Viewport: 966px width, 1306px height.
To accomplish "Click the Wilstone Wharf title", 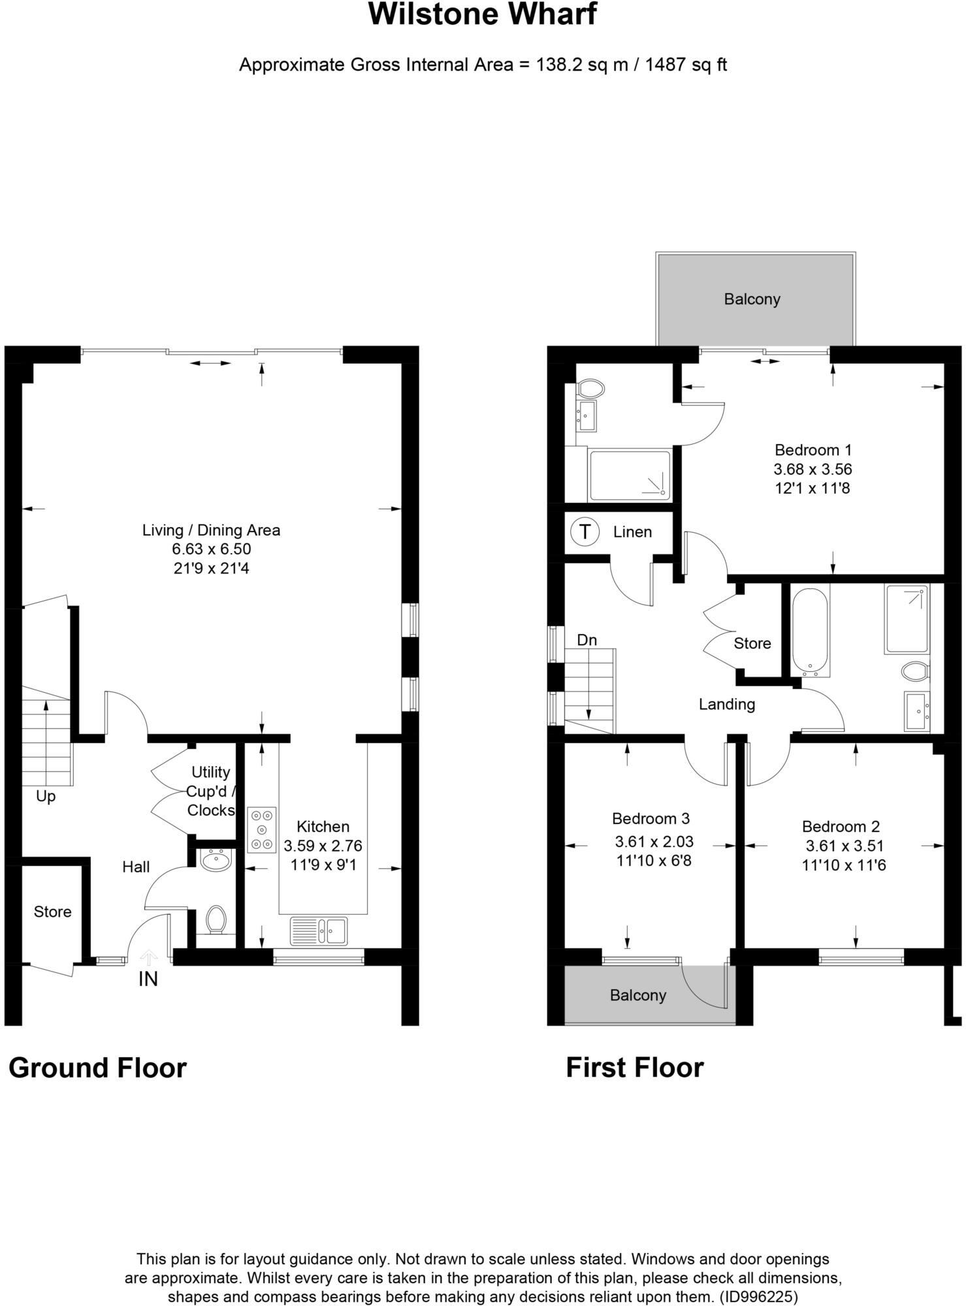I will point(482,14).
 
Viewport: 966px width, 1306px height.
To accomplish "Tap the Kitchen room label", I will point(323,826).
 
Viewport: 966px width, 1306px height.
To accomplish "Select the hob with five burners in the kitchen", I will point(262,829).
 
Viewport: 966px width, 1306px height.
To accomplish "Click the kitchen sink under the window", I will point(319,931).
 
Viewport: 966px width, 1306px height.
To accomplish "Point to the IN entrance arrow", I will point(149,959).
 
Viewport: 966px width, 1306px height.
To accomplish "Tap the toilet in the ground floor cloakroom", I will point(216,919).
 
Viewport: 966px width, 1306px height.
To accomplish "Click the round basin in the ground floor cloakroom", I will point(216,861).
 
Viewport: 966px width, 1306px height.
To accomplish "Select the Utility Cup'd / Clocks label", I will point(210,791).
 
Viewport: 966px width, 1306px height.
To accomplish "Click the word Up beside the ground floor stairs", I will point(46,796).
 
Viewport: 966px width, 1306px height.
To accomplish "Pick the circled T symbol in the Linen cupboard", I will point(585,532).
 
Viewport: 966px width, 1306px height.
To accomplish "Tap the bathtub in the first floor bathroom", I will point(810,631).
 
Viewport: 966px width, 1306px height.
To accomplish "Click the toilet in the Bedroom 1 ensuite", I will point(591,389).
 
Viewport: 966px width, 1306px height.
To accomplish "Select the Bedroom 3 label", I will point(651,818).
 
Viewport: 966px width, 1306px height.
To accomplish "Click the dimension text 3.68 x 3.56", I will point(813,469).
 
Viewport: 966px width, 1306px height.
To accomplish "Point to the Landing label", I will point(726,704).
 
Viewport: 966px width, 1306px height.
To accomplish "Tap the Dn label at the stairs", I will point(587,640).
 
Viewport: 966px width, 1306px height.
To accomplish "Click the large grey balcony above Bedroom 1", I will point(754,300).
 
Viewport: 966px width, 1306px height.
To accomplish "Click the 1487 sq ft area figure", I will point(686,65).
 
